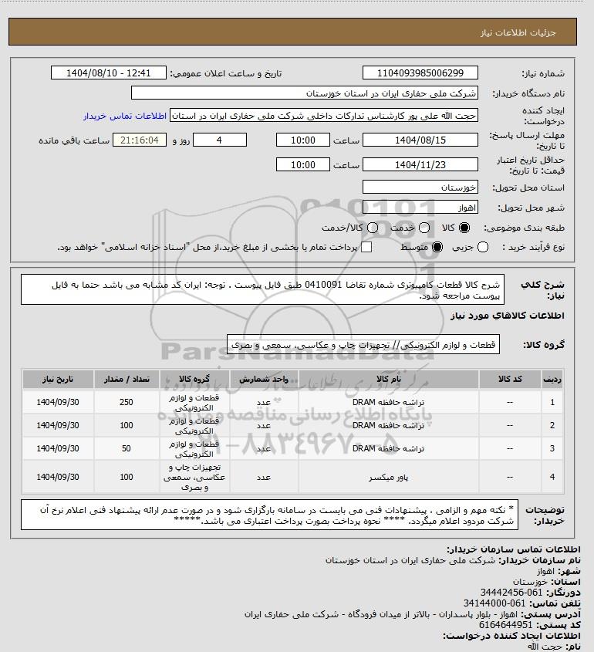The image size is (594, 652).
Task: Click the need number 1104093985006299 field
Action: click(x=420, y=73)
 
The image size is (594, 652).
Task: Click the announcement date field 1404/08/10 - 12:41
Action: click(x=109, y=73)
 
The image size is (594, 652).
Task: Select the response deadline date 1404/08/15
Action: click(x=420, y=140)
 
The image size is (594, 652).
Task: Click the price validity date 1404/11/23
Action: click(x=420, y=165)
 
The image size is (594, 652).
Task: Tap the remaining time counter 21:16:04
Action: click(x=140, y=140)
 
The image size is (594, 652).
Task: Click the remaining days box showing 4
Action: click(x=219, y=140)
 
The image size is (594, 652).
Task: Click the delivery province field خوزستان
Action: click(x=420, y=187)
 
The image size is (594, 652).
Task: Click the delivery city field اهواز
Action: click(x=420, y=208)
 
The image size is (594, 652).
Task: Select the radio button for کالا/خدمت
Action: click(x=372, y=228)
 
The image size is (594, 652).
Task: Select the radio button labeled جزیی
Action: click(x=483, y=247)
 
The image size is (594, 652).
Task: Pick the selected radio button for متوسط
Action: click(x=438, y=247)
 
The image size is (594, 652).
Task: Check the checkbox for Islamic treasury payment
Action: click(x=366, y=247)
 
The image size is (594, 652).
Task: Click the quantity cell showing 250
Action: click(x=126, y=403)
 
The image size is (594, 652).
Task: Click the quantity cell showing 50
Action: click(x=126, y=448)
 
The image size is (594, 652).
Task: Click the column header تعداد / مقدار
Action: click(x=126, y=380)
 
